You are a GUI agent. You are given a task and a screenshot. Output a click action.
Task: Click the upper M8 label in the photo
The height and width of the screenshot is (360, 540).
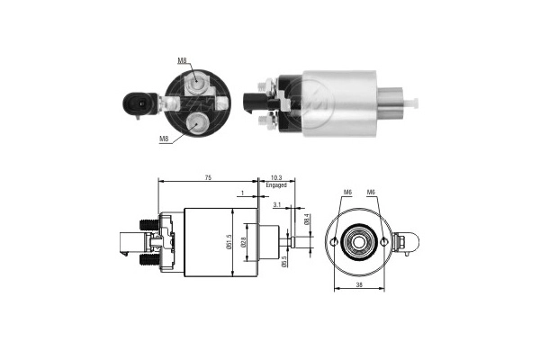[182, 60]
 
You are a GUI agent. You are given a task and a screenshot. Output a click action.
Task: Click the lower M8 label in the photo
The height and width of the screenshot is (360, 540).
[164, 139]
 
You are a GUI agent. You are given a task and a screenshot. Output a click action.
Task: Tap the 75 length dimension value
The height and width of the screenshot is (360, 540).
[209, 179]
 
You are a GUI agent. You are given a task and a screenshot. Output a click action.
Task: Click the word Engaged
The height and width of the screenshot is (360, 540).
[276, 186]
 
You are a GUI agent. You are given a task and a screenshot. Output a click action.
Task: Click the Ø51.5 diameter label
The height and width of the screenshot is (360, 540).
[230, 242]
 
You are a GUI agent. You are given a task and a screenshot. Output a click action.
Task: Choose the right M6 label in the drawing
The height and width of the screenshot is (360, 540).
[371, 192]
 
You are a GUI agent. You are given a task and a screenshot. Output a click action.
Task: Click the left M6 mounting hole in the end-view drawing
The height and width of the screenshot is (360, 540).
[335, 244]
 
